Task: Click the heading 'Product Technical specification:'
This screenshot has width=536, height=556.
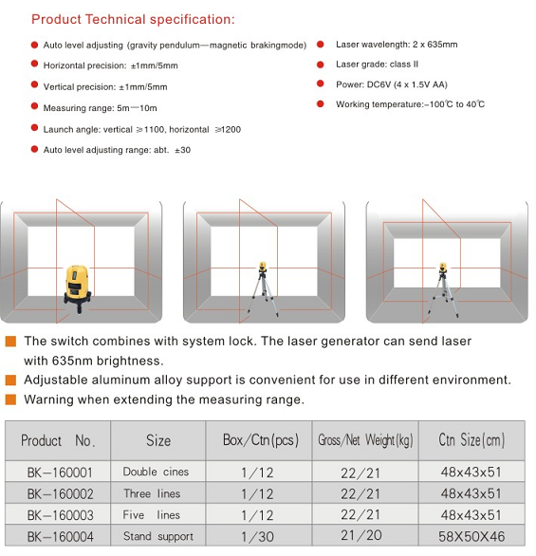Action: point(133,20)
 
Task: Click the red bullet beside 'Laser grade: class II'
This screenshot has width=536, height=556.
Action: point(321,65)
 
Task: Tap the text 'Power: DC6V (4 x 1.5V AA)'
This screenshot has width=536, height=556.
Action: point(392,84)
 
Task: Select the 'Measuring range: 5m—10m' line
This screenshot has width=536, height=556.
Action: point(100,108)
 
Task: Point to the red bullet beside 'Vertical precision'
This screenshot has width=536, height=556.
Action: point(34,84)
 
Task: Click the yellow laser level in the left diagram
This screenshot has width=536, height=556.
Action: point(78,288)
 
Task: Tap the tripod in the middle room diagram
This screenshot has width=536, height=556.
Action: point(263,289)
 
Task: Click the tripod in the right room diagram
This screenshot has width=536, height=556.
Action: point(443,289)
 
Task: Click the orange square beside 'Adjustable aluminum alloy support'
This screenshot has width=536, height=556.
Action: point(10,380)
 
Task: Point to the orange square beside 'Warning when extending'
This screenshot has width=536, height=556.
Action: point(10,399)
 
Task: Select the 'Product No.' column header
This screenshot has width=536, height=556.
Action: point(58,441)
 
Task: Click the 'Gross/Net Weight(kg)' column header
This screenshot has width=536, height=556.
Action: point(365,441)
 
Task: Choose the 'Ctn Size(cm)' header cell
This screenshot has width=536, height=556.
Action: point(471,441)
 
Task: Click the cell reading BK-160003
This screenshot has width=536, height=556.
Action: point(58,514)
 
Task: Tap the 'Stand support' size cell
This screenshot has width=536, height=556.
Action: point(158,536)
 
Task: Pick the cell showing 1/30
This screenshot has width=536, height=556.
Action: point(259,536)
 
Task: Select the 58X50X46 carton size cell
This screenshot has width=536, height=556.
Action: point(471,536)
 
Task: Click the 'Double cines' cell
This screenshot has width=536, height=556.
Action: point(158,472)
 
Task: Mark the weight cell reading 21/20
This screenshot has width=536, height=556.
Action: point(365,536)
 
